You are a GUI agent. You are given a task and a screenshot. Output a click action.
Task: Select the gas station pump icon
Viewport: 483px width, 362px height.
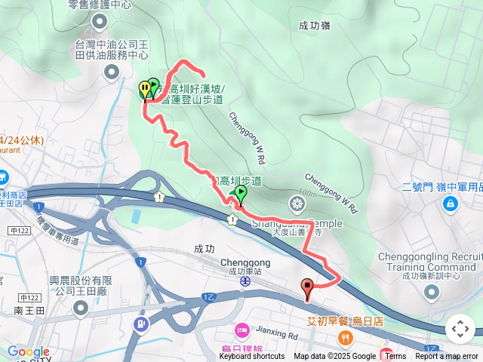(140, 324)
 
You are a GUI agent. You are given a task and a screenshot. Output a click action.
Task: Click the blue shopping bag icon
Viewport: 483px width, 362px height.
(451, 203)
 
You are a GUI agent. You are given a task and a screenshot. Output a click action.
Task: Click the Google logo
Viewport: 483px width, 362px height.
(29, 352)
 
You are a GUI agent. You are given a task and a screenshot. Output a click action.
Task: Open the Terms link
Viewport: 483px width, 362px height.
(395, 357)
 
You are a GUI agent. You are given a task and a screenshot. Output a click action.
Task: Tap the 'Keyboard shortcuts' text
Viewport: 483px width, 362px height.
(252, 357)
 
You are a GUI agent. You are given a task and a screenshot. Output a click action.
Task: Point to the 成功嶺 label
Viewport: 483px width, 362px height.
(314, 25)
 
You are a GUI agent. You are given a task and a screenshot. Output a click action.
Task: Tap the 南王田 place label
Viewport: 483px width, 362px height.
(29, 310)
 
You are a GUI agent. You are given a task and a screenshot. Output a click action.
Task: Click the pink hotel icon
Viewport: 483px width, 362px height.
(241, 330)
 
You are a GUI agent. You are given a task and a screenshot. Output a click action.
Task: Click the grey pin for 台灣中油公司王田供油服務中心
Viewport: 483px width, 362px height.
(112, 72)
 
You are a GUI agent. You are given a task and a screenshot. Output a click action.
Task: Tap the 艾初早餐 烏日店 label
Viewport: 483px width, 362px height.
(344, 321)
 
